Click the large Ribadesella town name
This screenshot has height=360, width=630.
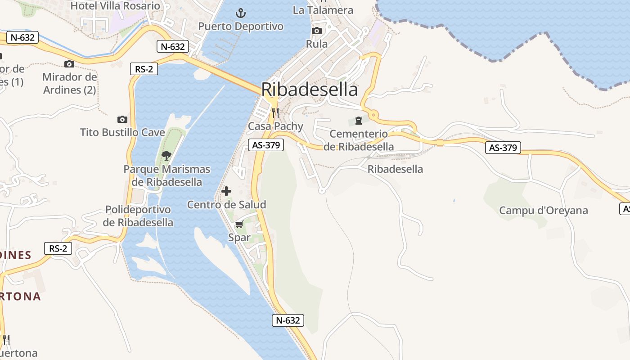(310, 89)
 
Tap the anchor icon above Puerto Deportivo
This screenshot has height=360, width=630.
(241, 13)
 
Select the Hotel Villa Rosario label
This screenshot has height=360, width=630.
(115, 6)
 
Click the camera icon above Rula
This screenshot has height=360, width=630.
(317, 31)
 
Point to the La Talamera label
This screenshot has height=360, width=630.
(323, 10)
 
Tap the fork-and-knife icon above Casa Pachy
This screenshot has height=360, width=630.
(275, 112)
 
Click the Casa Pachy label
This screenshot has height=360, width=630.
(275, 126)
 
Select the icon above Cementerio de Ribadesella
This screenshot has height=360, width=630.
(359, 121)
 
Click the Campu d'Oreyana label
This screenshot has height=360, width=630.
(543, 211)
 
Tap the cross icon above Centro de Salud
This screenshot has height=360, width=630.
(226, 191)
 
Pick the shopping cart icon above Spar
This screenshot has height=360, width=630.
(239, 224)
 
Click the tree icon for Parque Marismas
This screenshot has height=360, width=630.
(166, 156)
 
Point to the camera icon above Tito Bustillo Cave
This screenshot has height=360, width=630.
(122, 119)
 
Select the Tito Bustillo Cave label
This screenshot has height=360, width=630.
(122, 132)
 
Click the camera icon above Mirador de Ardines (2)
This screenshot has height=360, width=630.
(69, 64)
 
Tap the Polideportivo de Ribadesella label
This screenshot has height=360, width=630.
(138, 216)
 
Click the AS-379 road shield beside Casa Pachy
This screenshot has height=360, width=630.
(266, 145)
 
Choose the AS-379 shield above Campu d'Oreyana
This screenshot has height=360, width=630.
(503, 148)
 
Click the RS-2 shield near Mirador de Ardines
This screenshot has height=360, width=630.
(144, 69)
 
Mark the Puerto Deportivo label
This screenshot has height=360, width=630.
(241, 27)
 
